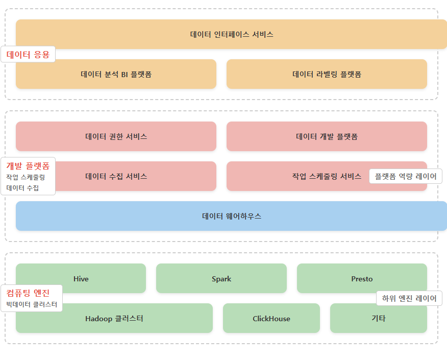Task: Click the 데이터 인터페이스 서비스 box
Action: point(232,34)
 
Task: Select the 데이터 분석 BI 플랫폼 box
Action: point(116,74)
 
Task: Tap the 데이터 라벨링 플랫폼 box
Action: point(327,74)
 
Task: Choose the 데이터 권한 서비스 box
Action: point(116,136)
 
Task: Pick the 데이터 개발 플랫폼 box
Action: point(327,136)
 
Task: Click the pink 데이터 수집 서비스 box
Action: point(116,176)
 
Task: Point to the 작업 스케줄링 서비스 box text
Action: point(327,176)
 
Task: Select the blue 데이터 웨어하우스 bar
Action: point(232,216)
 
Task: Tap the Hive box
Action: point(81,278)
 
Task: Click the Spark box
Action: point(221,278)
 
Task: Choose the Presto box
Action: point(362,278)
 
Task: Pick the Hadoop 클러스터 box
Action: point(114,318)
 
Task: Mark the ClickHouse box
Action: point(271,318)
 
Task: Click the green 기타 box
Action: point(378,318)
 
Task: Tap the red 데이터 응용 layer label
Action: point(28,55)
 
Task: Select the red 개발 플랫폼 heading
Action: point(28,166)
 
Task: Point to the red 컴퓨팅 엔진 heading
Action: point(28,293)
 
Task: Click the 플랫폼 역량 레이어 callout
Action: point(406,177)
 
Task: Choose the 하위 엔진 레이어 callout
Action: point(409,299)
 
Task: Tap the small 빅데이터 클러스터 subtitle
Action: point(32,305)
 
